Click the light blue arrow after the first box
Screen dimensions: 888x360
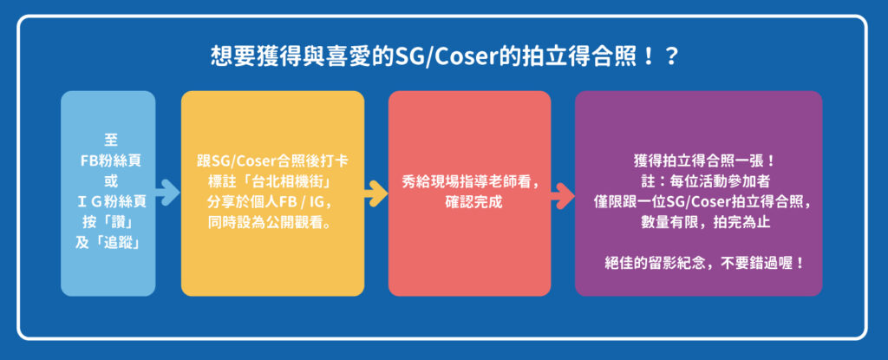[x=167, y=193]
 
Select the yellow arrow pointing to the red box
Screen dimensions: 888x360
[x=376, y=193]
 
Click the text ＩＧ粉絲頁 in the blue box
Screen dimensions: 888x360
[x=109, y=202]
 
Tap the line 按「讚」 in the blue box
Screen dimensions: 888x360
[x=108, y=222]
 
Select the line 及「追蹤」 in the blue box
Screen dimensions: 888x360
[x=108, y=243]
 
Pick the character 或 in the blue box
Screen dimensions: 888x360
[x=108, y=181]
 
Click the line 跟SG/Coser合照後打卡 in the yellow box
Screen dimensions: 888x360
[x=272, y=161]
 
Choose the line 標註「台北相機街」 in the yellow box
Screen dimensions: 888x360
[x=272, y=181]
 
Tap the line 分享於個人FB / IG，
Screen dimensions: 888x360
[x=272, y=202]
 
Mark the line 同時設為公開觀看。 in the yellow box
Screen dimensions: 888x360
[x=272, y=223]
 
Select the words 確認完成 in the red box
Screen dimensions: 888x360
[x=469, y=203]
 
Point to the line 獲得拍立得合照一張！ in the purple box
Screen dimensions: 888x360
[x=699, y=161]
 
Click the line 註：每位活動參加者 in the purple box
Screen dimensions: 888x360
[x=699, y=181]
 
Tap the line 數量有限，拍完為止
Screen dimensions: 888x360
[x=699, y=223]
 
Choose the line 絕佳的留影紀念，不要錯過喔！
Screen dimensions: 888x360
[x=704, y=265]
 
